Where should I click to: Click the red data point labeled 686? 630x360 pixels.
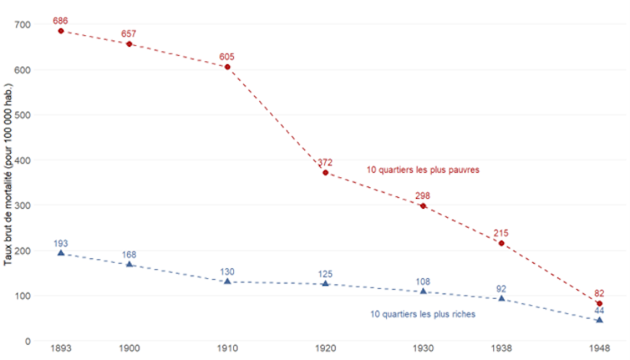(60, 31)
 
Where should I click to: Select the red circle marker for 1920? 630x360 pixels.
(326, 173)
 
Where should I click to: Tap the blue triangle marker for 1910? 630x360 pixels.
(227, 281)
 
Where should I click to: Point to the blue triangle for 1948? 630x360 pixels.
(599, 320)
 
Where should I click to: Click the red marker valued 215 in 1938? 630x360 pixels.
(501, 243)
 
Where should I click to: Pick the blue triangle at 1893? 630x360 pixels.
(60, 253)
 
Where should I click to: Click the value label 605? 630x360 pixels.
(227, 56)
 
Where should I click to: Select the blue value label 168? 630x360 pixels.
(130, 255)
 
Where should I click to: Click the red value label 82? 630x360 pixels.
(599, 293)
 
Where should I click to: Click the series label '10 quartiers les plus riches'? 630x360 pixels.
(423, 314)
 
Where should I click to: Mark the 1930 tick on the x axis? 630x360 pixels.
(424, 349)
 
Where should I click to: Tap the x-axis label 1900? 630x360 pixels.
(130, 349)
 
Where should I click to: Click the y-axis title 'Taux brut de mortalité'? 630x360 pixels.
(8, 180)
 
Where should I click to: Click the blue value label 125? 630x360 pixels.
(326, 273)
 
